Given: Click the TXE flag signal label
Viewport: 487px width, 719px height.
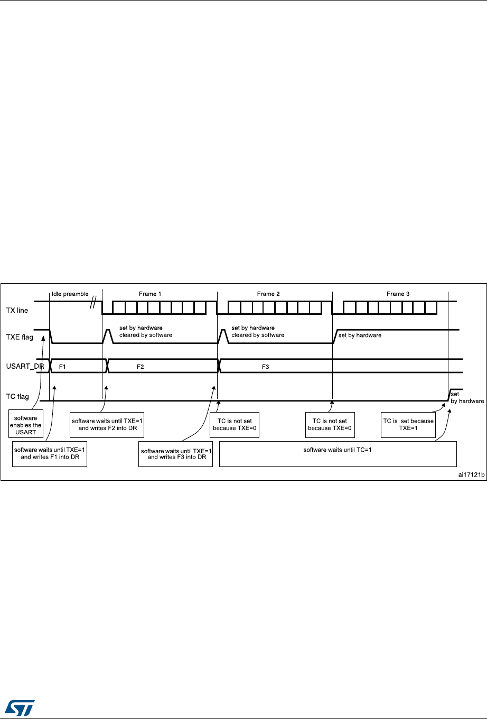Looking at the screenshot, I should click(20, 337).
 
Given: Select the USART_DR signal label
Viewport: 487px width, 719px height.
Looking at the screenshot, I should click(24, 366).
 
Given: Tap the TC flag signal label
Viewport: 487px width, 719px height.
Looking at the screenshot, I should click(18, 397).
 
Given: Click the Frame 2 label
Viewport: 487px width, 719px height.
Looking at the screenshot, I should click(268, 294).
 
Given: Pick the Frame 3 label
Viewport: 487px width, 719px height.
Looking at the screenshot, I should click(398, 294).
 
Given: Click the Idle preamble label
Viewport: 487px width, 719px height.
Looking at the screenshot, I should click(70, 294).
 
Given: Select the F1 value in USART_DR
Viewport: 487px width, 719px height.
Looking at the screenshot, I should click(62, 366).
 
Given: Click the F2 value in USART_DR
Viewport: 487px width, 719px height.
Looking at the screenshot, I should click(140, 366).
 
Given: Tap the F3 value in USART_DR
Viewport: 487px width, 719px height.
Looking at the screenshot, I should click(266, 366).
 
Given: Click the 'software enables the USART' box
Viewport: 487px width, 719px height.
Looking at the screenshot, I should click(26, 425).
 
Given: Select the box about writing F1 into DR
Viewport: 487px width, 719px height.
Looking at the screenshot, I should click(49, 453).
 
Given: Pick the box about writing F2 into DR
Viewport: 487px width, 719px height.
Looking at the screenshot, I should click(107, 424).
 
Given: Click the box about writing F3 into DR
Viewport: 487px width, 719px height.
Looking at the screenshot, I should click(176, 454).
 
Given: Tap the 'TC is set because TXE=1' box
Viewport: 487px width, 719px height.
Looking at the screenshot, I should click(408, 424).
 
